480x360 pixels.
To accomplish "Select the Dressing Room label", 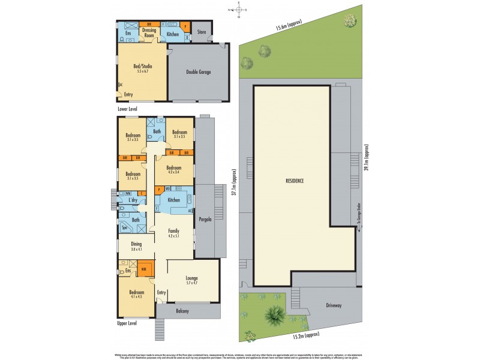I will click(x=149, y=33).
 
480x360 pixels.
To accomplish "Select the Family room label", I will click(x=173, y=233).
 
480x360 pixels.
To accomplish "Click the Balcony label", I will click(x=182, y=311).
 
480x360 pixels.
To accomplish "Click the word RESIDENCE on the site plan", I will click(x=295, y=181).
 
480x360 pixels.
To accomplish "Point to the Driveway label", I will click(x=334, y=305).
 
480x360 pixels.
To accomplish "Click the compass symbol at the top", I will click(x=238, y=10).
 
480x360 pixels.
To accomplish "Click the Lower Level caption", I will click(x=127, y=110).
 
